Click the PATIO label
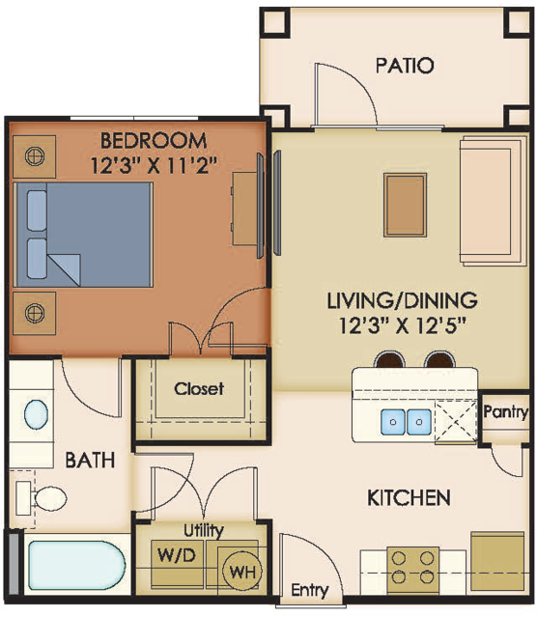point(405,66)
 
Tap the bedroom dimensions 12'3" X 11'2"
point(154,166)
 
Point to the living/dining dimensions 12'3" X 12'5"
point(403,325)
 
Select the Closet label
point(199,389)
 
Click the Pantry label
point(505,412)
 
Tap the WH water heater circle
point(241,572)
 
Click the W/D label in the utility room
point(177,555)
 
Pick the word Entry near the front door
point(310,591)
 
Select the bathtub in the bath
point(76,568)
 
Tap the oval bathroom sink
point(37,414)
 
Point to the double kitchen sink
point(406,422)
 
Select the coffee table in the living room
point(405,205)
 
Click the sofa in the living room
point(494,201)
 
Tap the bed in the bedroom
point(83,235)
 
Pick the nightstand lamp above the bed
point(35,156)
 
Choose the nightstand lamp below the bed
point(35,313)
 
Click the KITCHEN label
point(409,498)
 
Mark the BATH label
point(90,460)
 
